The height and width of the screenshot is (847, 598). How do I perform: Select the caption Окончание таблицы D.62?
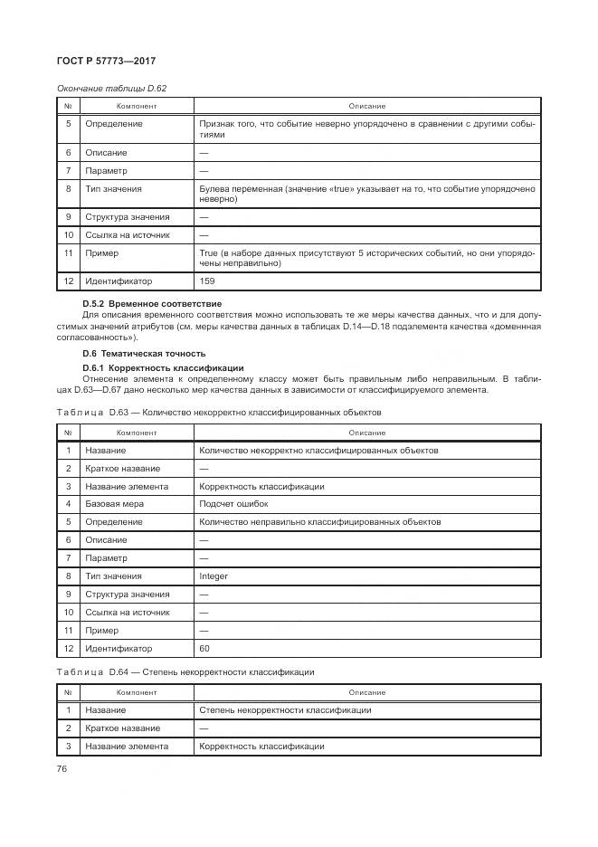click(x=112, y=88)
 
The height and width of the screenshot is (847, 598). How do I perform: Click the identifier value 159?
click(x=206, y=281)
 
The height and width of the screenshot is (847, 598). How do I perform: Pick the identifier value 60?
click(x=204, y=648)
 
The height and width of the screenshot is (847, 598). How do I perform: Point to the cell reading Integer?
click(x=214, y=576)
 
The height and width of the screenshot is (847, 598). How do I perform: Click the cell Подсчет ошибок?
click(x=233, y=503)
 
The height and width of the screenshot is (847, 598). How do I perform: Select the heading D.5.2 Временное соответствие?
click(x=151, y=303)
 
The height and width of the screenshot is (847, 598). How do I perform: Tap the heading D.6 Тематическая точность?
click(x=144, y=353)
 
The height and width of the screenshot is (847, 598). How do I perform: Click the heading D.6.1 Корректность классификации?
click(x=163, y=367)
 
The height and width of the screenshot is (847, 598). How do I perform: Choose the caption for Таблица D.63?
click(x=219, y=412)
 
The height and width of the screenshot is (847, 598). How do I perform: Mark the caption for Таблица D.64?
click(x=185, y=671)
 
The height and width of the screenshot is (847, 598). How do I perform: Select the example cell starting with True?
click(x=366, y=258)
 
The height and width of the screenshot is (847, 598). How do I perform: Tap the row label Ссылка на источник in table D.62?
click(x=127, y=235)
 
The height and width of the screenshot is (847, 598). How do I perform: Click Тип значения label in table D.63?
click(x=113, y=576)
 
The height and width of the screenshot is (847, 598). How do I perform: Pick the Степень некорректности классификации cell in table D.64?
click(x=285, y=710)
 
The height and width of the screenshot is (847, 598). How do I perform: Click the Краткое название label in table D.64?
click(x=122, y=728)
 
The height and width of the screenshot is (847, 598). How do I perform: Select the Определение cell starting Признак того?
click(x=366, y=128)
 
